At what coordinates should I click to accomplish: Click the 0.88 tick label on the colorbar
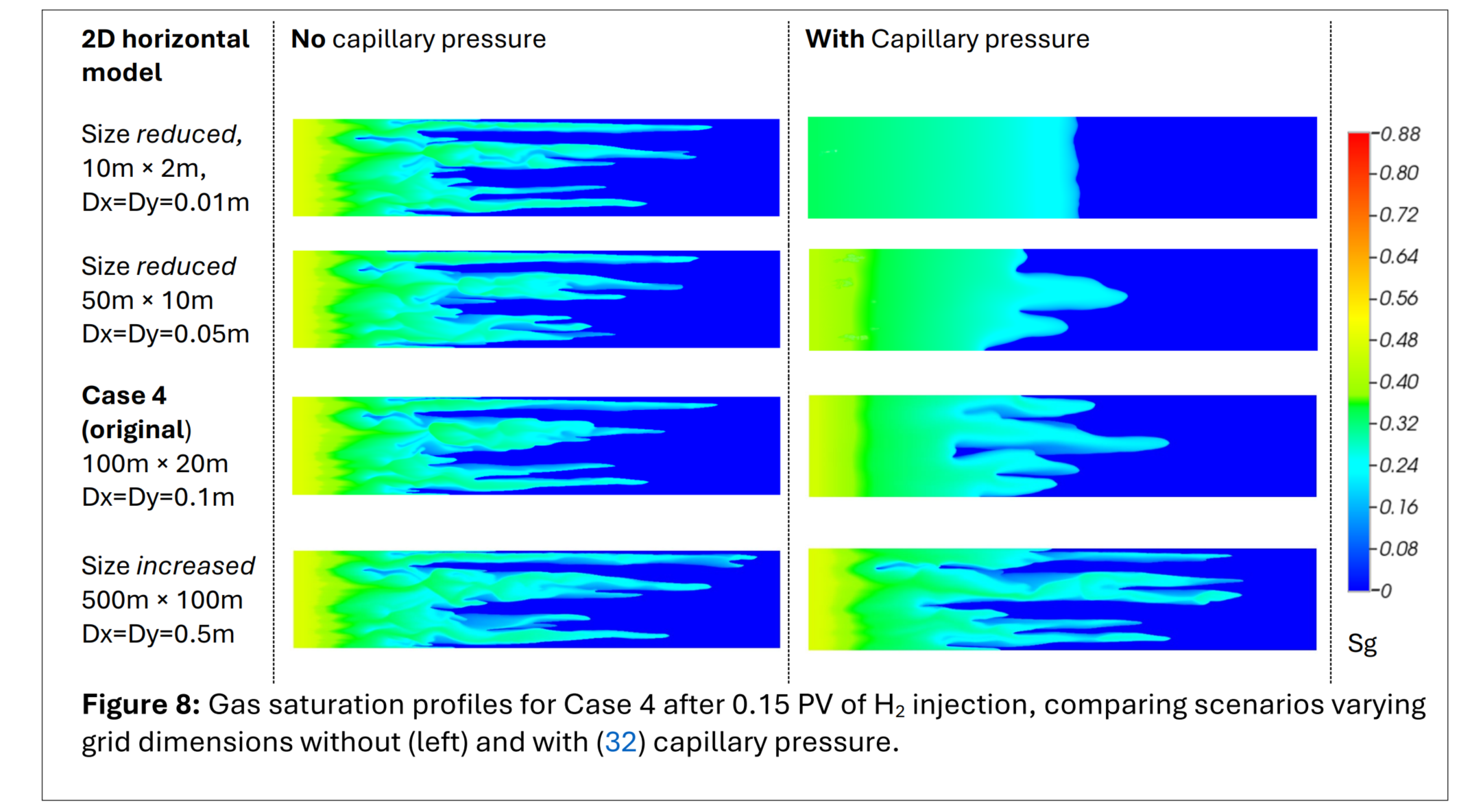coord(1400,134)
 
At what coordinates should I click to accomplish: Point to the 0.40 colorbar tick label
coord(1399,382)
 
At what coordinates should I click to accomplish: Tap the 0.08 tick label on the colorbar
coord(1399,548)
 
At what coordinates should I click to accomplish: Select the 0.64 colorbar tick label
coord(1399,256)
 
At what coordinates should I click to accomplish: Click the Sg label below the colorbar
coord(1362,644)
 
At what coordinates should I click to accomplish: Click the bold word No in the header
coord(308,39)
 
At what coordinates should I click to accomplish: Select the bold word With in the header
coord(834,39)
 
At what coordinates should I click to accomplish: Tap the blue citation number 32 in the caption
coord(620,742)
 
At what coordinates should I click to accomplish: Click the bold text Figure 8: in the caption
coord(141,705)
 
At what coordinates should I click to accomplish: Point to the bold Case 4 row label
coord(124,395)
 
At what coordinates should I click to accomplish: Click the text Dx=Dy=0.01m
coord(165,202)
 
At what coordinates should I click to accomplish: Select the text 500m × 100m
coord(162,600)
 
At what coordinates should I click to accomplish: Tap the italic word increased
coord(195,566)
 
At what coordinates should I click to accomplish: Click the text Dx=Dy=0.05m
coord(165,334)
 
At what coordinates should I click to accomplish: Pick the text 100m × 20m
coord(155,464)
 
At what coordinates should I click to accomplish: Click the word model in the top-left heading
coord(121,73)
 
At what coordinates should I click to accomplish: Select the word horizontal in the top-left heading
coord(185,39)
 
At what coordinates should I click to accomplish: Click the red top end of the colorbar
coord(1358,138)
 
